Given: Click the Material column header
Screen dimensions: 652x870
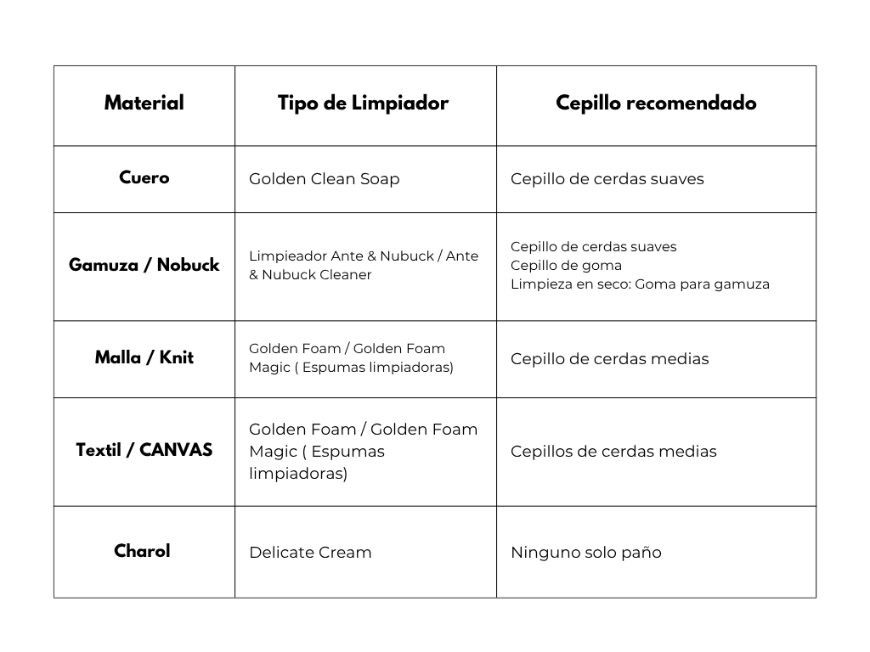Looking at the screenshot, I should (x=144, y=104).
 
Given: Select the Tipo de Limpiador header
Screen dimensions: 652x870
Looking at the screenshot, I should (x=363, y=104).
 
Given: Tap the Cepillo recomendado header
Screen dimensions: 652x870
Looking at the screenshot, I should (x=656, y=104).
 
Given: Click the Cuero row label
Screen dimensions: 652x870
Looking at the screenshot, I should (x=144, y=177).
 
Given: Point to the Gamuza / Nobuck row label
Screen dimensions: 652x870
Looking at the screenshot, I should (x=144, y=265).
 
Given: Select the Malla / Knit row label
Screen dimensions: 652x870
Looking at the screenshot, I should (x=144, y=357).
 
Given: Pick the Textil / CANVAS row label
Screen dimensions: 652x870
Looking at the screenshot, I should (x=144, y=450).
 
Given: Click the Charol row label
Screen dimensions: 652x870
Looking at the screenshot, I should (x=142, y=551).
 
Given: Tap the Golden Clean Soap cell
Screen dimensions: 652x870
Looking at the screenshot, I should (x=324, y=179).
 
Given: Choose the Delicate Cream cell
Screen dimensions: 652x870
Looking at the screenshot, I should (x=310, y=553).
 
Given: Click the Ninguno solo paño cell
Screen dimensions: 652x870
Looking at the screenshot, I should (x=585, y=553).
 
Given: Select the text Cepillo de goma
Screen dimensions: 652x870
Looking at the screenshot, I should (x=566, y=265).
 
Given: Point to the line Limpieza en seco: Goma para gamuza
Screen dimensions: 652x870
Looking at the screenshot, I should (x=640, y=284).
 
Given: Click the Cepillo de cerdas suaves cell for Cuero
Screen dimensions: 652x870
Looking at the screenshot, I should (x=607, y=179).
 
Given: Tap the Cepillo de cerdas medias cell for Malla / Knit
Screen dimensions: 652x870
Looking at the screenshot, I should (x=609, y=358).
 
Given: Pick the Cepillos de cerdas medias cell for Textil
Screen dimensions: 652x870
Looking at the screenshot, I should (x=613, y=452).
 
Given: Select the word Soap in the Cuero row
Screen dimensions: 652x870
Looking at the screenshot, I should (x=380, y=179).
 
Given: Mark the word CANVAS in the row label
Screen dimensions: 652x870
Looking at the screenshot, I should (x=176, y=450).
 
